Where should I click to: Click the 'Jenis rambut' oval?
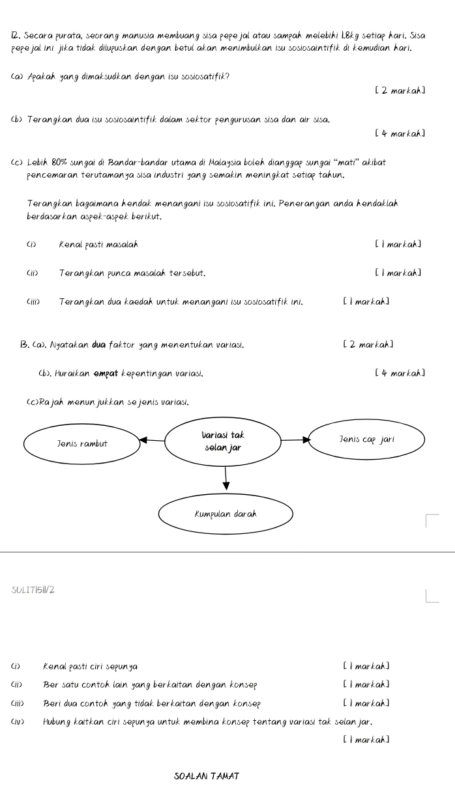click(81, 443)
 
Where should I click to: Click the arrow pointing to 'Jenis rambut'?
click(153, 439)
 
